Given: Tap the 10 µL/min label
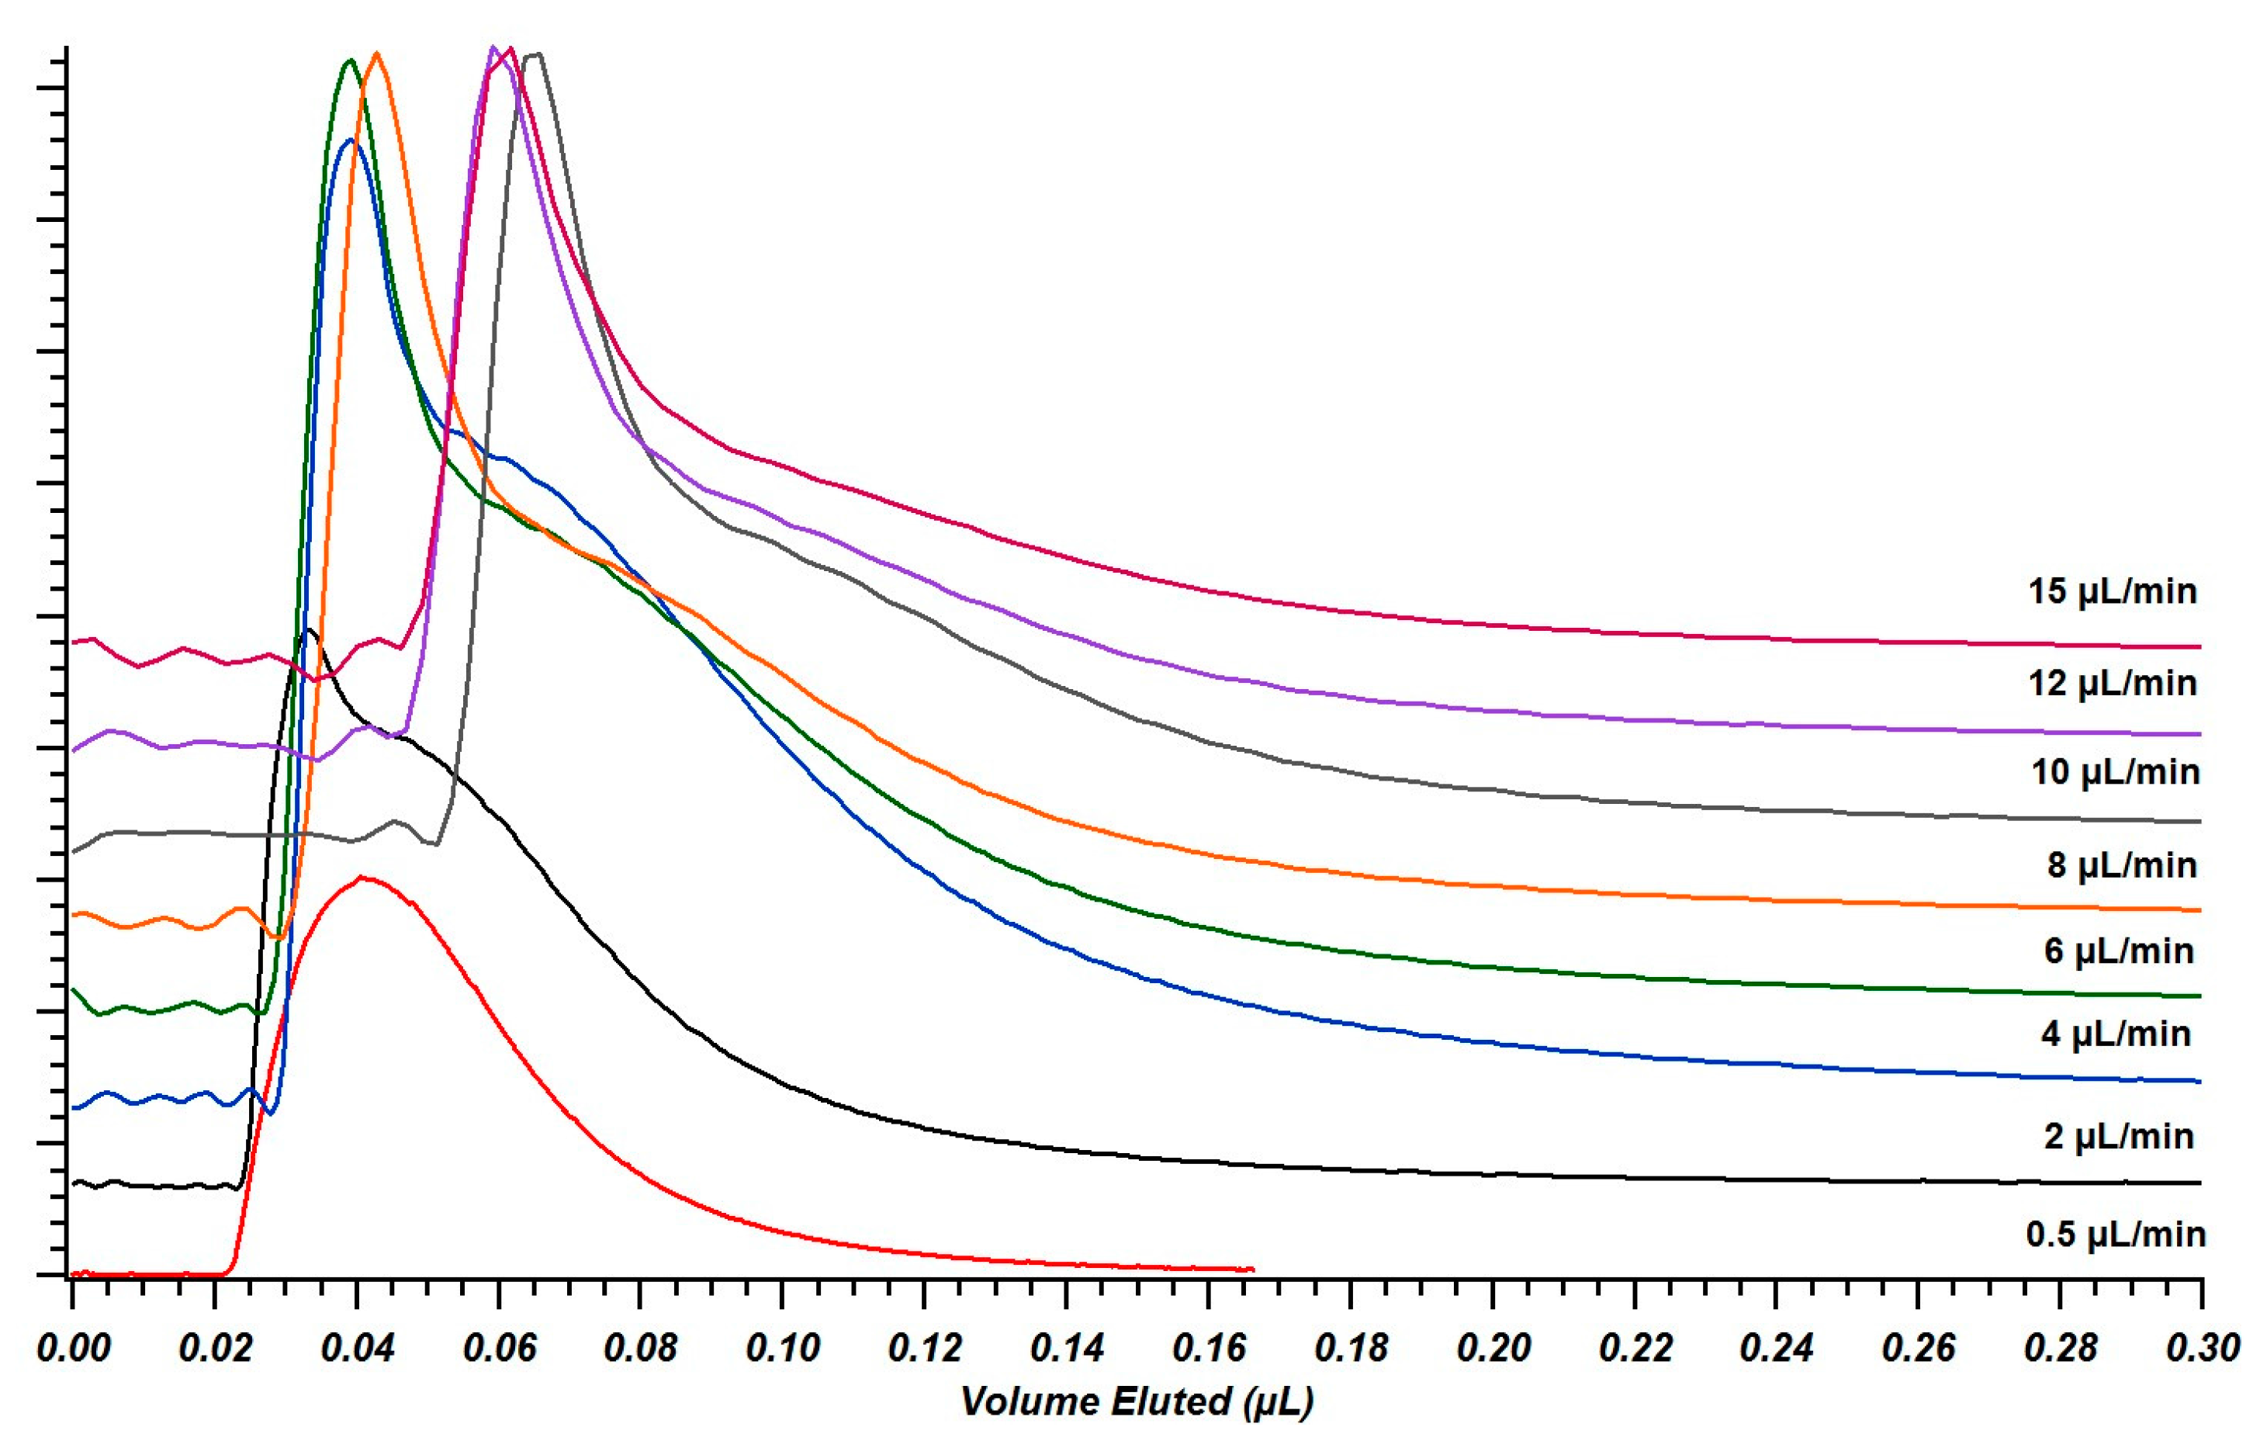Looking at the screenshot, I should pyautogui.click(x=2114, y=772).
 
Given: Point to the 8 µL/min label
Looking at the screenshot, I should pyautogui.click(x=2122, y=864).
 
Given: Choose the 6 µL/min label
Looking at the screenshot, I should pyautogui.click(x=2118, y=951).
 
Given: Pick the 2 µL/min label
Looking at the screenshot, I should pyautogui.click(x=2118, y=1137).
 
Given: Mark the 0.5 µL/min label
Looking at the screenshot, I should pyautogui.click(x=2115, y=1234).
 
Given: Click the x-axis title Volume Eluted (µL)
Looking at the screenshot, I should pyautogui.click(x=1136, y=1401).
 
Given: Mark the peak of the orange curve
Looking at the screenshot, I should pyautogui.click(x=377, y=54).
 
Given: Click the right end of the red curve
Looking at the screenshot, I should pyautogui.click(x=1252, y=1270).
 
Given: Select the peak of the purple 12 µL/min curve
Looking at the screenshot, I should pyautogui.click(x=493, y=47).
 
